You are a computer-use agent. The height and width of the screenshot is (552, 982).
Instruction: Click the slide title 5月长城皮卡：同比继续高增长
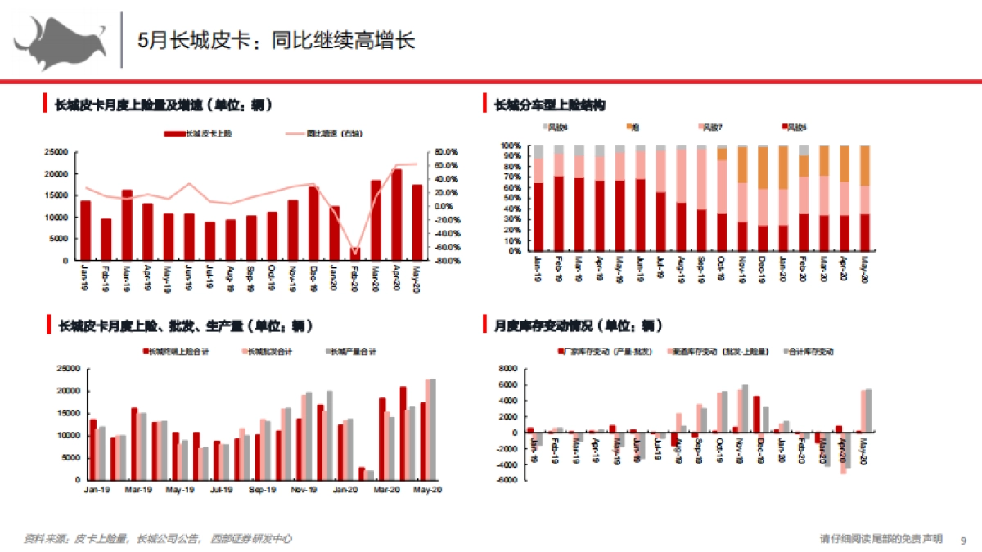coord(276,40)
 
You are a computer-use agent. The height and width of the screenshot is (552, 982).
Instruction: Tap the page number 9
coord(963,539)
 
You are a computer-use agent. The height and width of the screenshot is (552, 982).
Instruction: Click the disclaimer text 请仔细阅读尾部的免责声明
coord(881,538)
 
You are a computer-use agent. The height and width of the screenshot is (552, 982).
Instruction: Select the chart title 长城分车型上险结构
coord(549,105)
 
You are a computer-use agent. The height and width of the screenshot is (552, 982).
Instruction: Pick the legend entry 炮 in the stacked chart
coord(635,127)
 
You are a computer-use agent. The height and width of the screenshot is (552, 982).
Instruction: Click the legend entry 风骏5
coord(795,127)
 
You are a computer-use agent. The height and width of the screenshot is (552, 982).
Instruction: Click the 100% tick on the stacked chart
coord(511,146)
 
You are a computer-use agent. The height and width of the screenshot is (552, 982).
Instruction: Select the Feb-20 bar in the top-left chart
coord(355,254)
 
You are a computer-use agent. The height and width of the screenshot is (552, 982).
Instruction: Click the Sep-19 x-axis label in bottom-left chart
coord(262,490)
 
